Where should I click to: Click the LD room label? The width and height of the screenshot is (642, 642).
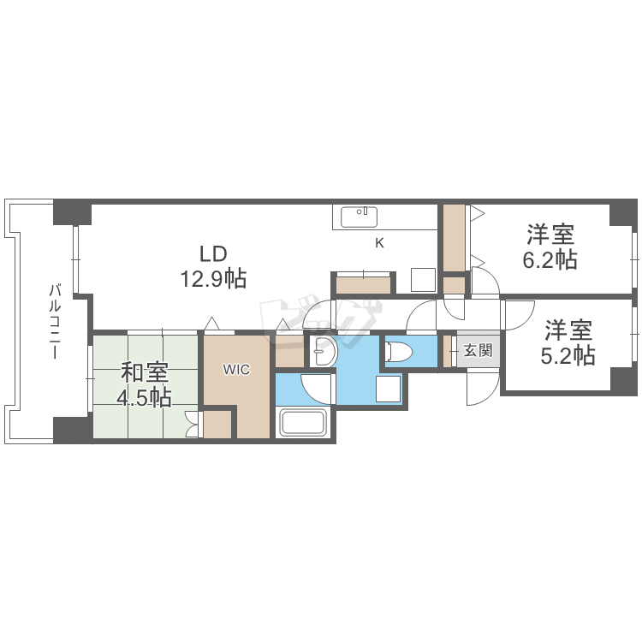pyautogui.click(x=213, y=253)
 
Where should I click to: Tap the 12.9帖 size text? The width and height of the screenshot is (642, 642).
pyautogui.click(x=213, y=278)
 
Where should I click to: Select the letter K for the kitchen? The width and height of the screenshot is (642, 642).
pyautogui.click(x=379, y=242)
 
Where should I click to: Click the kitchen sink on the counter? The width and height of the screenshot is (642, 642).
pyautogui.click(x=360, y=217)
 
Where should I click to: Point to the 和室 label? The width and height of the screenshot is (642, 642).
pyautogui.click(x=145, y=373)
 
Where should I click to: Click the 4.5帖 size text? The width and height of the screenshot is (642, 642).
pyautogui.click(x=145, y=398)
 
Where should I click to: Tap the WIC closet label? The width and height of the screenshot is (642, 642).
pyautogui.click(x=236, y=370)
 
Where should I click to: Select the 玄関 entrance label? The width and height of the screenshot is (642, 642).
pyautogui.click(x=478, y=350)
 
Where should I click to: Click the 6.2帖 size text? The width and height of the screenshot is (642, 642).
pyautogui.click(x=550, y=259)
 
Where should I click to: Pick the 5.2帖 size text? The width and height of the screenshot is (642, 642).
pyautogui.click(x=568, y=354)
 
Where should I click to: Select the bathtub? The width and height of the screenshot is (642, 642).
pyautogui.click(x=304, y=423)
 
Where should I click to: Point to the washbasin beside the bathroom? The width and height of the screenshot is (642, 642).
pyautogui.click(x=323, y=351)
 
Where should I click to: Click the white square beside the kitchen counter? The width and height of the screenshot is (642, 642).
pyautogui.click(x=423, y=280)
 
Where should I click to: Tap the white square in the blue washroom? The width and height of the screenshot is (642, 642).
pyautogui.click(x=389, y=389)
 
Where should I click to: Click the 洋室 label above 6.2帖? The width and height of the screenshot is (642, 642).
pyautogui.click(x=550, y=234)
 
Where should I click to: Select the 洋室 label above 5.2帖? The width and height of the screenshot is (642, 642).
pyautogui.click(x=568, y=330)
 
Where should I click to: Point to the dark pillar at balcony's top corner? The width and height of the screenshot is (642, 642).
pyautogui.click(x=72, y=211)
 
